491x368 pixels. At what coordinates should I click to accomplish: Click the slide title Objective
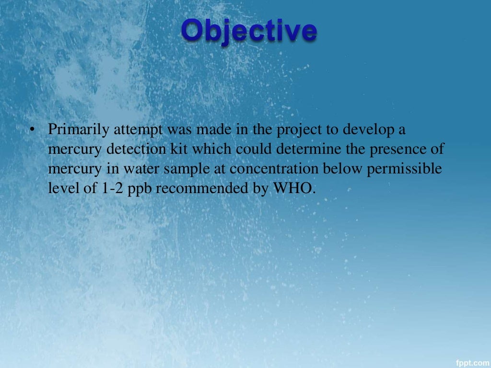click(x=249, y=31)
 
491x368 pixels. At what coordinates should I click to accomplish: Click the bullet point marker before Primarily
click(x=31, y=130)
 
